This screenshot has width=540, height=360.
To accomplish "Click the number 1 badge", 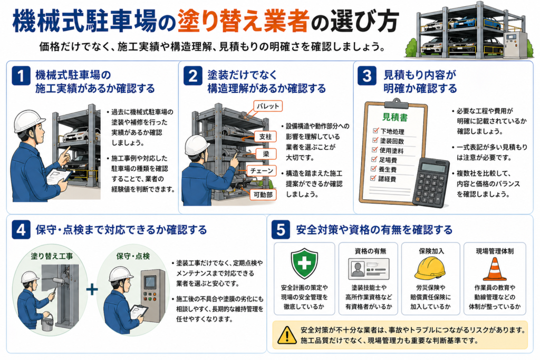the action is pos(21,75).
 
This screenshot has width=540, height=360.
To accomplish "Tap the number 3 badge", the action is pos(367,75).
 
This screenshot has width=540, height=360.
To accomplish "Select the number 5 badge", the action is pos(281,230).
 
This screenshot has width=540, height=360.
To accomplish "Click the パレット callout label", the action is pos(268,106).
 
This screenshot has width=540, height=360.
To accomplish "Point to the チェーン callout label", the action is pos(262,171).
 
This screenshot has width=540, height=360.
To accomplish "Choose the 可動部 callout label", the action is pos(263,194).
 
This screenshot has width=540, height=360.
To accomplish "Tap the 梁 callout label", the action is pos(266,154).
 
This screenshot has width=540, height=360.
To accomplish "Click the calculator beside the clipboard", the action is pos(430,182).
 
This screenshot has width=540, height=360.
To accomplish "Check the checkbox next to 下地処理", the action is pos(375,131).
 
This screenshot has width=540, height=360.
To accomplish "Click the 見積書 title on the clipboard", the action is pos(394,118).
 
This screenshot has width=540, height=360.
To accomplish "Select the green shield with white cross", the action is pos(304,264).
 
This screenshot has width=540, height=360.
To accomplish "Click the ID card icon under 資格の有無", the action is pos(369,268).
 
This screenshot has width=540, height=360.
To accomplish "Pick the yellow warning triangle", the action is pos(286,335).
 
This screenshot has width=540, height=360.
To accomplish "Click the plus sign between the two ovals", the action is pos(92,289).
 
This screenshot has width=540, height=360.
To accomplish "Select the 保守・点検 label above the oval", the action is pos(133,256).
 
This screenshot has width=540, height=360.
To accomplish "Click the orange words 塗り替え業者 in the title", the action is pos(243,21).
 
